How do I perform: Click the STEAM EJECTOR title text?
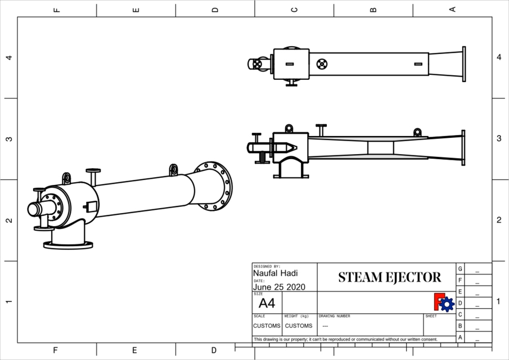(x=389, y=277)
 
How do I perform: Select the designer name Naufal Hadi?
(x=275, y=273)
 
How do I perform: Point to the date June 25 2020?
(x=279, y=287)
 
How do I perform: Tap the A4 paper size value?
(x=267, y=304)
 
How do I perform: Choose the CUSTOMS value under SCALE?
(x=266, y=326)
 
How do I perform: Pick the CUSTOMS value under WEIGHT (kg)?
(x=298, y=326)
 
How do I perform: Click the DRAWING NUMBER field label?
(x=334, y=316)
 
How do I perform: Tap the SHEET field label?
(x=431, y=316)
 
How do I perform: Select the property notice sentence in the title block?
(x=345, y=339)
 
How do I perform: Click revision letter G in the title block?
(x=460, y=269)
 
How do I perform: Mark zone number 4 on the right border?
(x=499, y=57)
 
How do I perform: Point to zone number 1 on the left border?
(x=9, y=302)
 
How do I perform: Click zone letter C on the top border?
(x=294, y=9)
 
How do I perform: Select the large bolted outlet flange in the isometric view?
(x=214, y=186)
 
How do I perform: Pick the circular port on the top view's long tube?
(x=322, y=64)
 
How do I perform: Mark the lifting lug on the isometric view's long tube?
(x=173, y=169)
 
